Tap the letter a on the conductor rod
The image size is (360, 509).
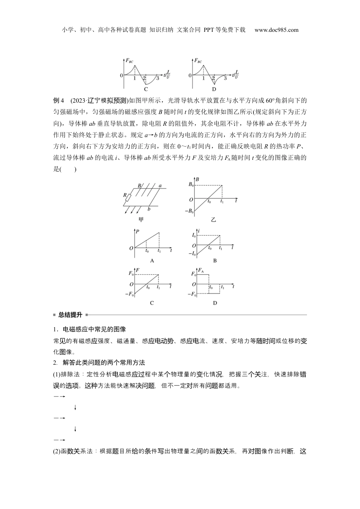(160, 186)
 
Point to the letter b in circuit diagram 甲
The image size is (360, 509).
(150, 209)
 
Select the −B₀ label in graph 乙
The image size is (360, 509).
(189, 211)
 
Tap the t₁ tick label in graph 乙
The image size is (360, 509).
(222, 202)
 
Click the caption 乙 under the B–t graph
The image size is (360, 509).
(213, 219)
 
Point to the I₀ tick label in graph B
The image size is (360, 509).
(194, 236)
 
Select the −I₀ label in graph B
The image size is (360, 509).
(192, 253)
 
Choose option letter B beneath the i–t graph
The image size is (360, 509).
(215, 261)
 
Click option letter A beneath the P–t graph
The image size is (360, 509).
(152, 261)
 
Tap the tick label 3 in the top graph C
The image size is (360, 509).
(158, 78)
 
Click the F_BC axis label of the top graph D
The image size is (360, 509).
(198, 61)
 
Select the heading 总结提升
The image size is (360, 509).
(70, 315)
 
